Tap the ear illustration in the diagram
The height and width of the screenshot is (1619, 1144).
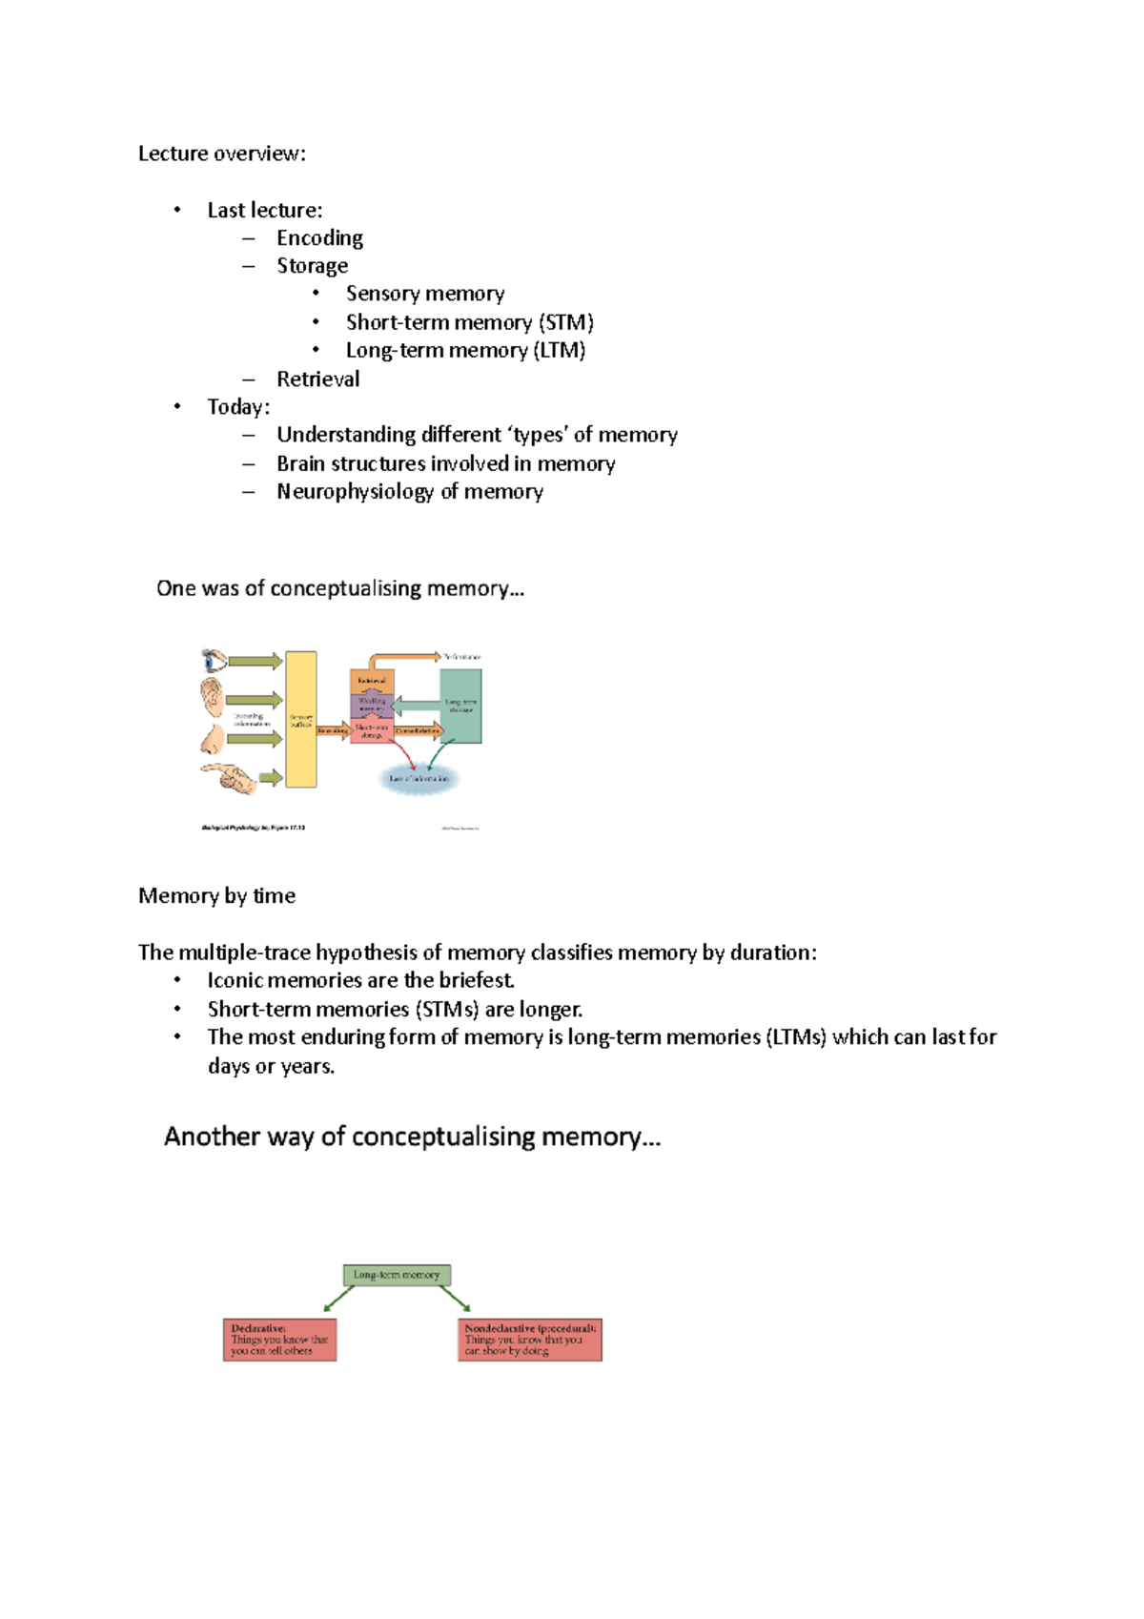coord(212,697)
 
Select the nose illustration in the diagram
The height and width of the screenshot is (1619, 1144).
coord(214,738)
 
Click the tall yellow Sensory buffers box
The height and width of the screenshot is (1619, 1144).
coord(301,719)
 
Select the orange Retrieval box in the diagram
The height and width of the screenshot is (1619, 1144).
coord(372,681)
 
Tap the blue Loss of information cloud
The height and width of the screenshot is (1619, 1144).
coord(419,779)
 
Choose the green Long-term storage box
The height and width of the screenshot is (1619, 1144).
coord(460,706)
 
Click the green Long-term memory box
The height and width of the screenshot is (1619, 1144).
coord(397,1275)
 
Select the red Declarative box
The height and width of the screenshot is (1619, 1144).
coord(279,1340)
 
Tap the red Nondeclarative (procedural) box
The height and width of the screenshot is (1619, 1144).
coord(530,1340)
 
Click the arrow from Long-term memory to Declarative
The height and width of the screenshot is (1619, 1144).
coord(338,1299)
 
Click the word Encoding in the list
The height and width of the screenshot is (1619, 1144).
coord(319,237)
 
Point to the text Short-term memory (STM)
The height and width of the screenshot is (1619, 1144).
coord(469,322)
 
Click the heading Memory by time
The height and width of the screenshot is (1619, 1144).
coord(216,895)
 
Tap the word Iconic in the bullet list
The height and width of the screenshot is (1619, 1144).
coord(235,980)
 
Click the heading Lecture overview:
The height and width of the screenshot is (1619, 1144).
coord(222,154)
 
